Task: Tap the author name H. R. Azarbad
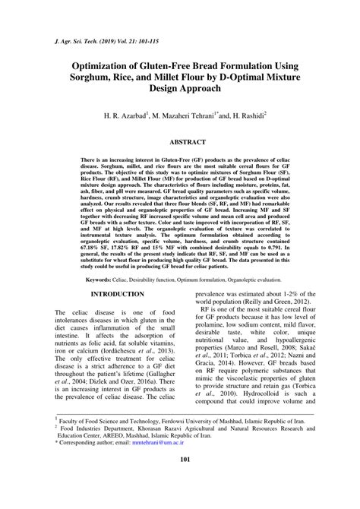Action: click(125, 119)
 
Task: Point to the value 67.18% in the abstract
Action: click(96, 247)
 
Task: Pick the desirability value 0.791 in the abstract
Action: click(278, 247)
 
